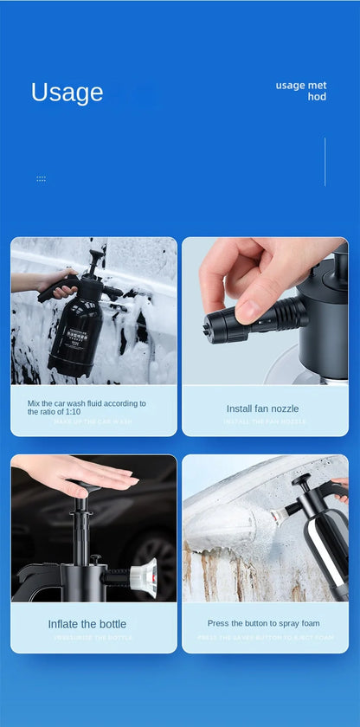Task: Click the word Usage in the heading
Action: coord(67,93)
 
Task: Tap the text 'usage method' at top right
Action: coord(302,91)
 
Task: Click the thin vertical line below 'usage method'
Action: coord(325,161)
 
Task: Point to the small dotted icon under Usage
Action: coord(41,179)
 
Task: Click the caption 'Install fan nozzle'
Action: coord(262,409)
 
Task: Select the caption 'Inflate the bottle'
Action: coord(87,624)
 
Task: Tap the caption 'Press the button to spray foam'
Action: coord(263,623)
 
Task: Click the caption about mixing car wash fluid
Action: coord(87,407)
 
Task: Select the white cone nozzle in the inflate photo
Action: coord(144,574)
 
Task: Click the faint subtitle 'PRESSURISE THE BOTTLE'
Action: coord(93,637)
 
